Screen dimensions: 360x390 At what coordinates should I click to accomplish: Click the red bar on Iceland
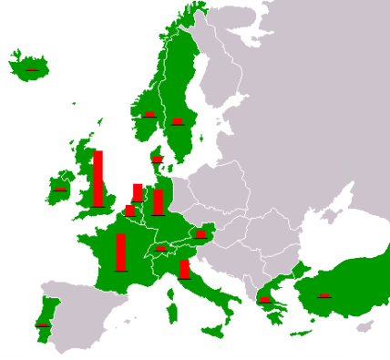coord(32,69)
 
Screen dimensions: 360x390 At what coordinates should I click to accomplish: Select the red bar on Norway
coord(149,114)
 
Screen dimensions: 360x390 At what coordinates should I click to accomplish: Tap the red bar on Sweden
coord(177,120)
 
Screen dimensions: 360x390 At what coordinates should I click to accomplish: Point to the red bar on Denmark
coord(157,159)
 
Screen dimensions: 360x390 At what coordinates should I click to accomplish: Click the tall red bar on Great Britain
coord(98,179)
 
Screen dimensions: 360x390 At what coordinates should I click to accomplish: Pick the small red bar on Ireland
coord(59,190)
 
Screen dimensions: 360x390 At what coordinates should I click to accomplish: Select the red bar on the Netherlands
coord(138,192)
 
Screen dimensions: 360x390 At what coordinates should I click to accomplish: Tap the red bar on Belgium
coord(129,211)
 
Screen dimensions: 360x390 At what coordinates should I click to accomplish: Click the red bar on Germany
coord(158,201)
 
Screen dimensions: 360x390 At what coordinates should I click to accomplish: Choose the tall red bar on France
coord(120,252)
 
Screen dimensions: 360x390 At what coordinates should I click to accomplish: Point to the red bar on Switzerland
coord(160,248)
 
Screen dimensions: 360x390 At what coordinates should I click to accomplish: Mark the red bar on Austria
coord(200,234)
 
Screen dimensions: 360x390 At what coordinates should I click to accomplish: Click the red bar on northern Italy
coord(184,269)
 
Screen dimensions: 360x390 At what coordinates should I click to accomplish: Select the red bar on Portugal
coord(42,324)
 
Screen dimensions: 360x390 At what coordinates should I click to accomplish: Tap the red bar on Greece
coord(264,299)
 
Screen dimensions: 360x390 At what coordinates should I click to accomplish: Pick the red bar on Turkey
coord(323,295)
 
